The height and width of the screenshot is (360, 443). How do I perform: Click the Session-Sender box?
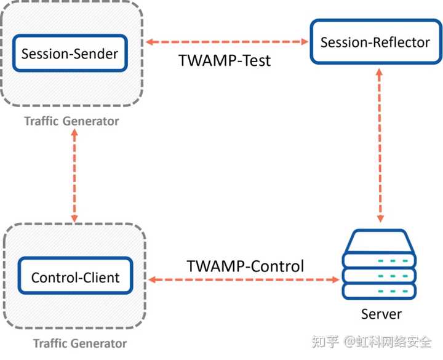pos(70,54)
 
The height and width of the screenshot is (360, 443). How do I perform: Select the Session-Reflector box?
pos(375,42)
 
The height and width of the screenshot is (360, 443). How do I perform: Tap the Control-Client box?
pos(76,278)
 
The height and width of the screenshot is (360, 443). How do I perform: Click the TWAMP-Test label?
pos(225,61)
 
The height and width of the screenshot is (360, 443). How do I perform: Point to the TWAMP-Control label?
pos(245,266)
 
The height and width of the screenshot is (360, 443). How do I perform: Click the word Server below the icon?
pos(381,314)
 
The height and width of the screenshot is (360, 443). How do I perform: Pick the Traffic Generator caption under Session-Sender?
pos(71,121)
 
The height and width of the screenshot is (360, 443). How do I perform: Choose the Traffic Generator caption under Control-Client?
pos(80,343)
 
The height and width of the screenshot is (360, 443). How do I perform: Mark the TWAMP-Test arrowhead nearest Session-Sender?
pos(150,42)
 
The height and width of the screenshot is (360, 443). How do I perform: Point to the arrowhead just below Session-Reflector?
pos(380,72)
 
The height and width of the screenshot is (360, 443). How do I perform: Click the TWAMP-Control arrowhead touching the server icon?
pos(335,279)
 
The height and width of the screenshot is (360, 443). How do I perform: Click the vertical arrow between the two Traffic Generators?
pos(75,177)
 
